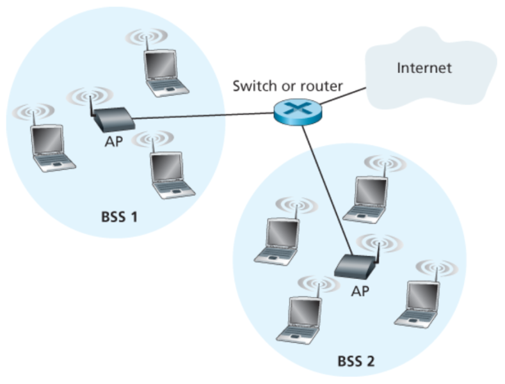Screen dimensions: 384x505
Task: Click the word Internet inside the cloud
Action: [424, 68]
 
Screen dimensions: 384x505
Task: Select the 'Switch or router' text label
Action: [287, 86]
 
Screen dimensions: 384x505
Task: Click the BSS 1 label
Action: [119, 217]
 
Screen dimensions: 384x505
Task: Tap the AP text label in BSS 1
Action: [113, 141]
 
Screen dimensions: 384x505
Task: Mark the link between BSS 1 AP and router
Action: [205, 116]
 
